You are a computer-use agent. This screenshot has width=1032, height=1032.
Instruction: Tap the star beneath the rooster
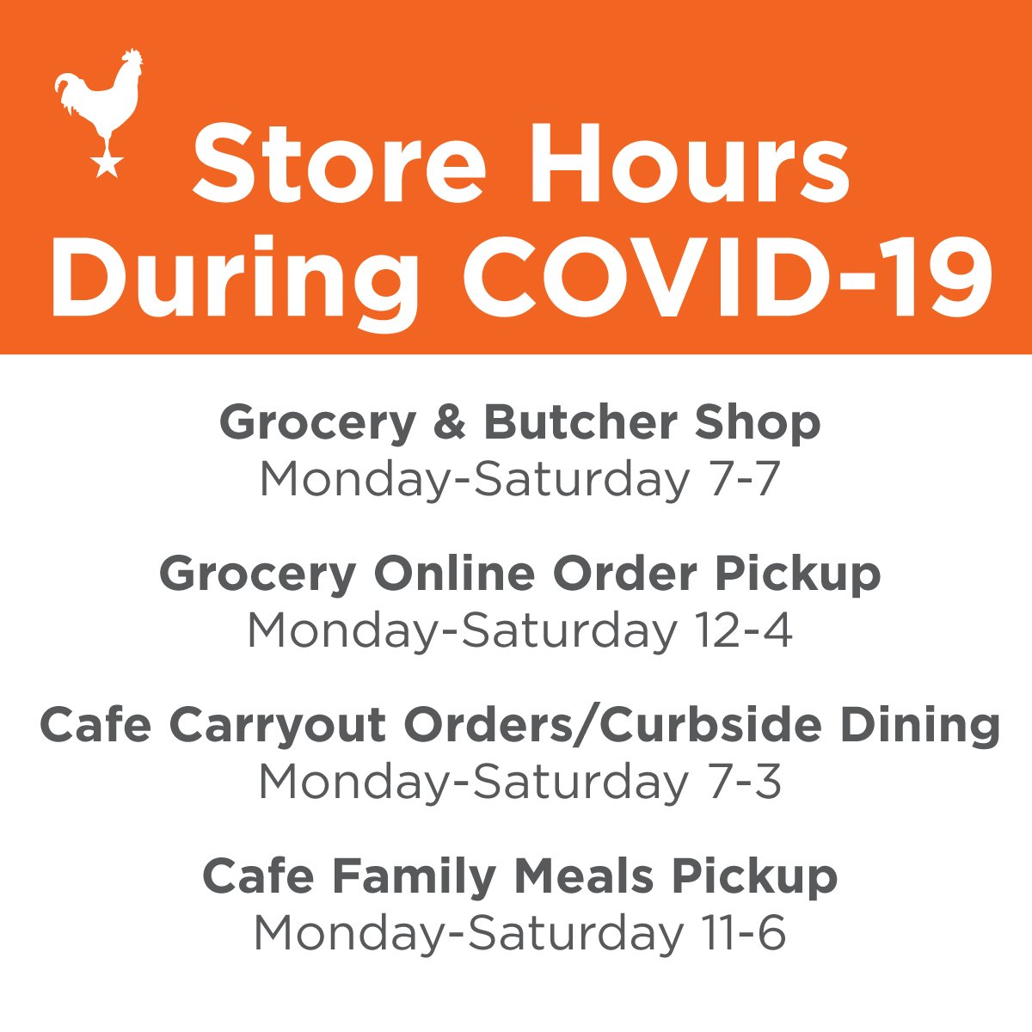tap(106, 165)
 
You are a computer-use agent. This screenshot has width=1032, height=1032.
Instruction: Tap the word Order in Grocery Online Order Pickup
tap(625, 574)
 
